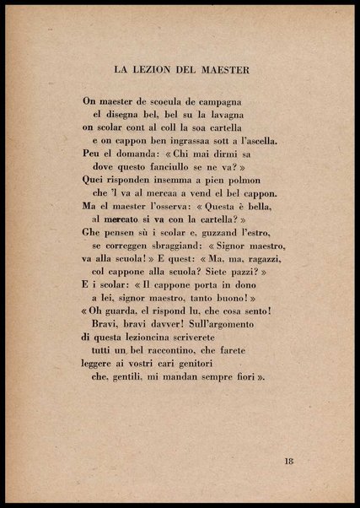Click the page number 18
pos(288,461)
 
